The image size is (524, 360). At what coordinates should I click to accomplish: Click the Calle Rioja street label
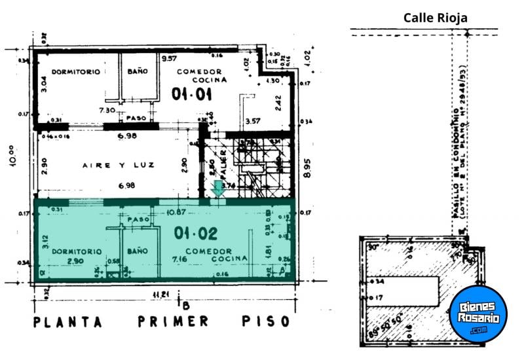(x=436, y=18)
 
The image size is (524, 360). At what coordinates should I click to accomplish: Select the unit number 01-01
(x=192, y=95)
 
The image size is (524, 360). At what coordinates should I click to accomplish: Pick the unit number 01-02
(x=195, y=232)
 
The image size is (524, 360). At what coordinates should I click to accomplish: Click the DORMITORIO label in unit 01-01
(x=76, y=71)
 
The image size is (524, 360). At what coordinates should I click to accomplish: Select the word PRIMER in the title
(x=173, y=321)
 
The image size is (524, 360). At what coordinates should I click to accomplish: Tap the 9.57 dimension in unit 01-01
(x=169, y=58)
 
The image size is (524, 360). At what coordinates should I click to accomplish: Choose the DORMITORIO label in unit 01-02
(x=77, y=251)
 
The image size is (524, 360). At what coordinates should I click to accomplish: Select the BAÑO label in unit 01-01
(x=138, y=71)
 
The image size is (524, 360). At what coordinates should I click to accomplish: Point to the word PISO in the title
(x=266, y=321)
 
